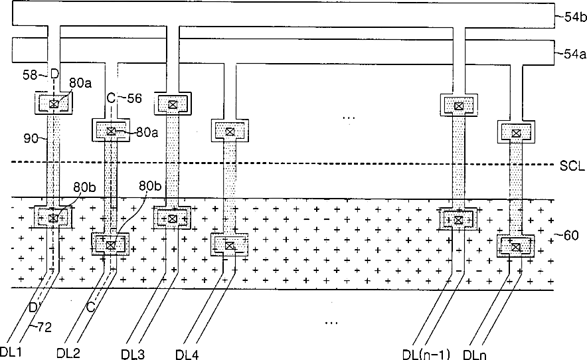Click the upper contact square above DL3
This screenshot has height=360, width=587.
[x=172, y=104]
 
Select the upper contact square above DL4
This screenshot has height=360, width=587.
[x=229, y=132]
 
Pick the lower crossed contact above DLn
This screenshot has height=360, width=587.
[x=516, y=247]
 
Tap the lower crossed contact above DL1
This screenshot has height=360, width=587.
[x=53, y=218]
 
